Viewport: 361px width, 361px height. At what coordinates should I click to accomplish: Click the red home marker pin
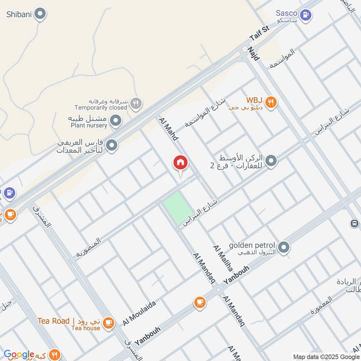pos(180,163)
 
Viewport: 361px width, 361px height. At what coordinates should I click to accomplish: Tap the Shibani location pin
pos(41,14)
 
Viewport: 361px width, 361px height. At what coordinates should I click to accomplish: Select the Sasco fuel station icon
pos(306,15)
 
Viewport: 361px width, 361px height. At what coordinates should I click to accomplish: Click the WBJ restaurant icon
pos(271,102)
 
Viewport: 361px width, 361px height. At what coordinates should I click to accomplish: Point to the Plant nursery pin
pos(116,120)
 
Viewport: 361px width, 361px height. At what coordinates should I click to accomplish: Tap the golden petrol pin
pos(284,247)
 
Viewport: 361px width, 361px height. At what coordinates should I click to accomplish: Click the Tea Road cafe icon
pos(108,322)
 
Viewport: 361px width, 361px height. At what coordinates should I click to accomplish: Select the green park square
pos(178,208)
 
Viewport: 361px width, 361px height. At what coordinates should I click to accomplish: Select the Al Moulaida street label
pos(139,313)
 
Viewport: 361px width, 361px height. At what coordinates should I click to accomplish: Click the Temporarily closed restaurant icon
pos(135,104)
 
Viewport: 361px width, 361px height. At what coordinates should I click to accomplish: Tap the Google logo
pos(19,355)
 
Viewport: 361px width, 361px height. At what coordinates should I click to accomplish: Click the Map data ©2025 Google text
pos(326,356)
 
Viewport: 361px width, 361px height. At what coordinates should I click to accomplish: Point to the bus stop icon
pos(355,223)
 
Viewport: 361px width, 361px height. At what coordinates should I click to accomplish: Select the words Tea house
pos(86,328)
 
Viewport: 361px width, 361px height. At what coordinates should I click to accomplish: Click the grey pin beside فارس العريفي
pos(112,145)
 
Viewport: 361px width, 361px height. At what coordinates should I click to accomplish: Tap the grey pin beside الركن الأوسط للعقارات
pos(271,161)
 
